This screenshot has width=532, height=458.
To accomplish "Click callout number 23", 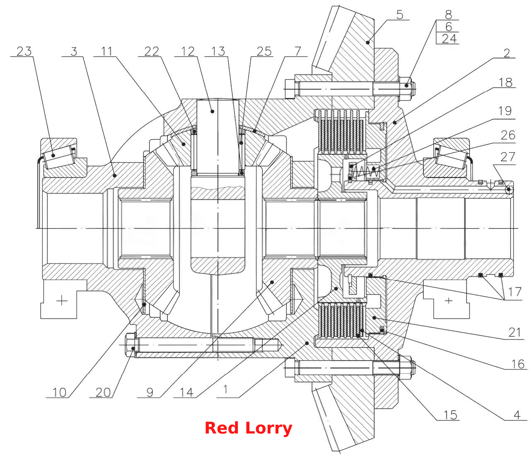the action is (24, 51).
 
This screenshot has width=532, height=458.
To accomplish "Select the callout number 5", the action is (399, 15).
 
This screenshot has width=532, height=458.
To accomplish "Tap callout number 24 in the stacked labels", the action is (449, 39).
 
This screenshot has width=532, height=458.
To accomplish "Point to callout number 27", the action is (508, 157).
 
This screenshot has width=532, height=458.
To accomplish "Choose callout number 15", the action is (450, 415).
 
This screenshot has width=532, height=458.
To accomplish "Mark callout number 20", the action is (103, 392).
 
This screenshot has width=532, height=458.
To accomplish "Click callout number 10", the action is (59, 392).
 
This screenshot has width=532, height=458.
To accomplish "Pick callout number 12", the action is (188, 51).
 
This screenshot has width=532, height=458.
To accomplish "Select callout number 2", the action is (507, 53).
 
